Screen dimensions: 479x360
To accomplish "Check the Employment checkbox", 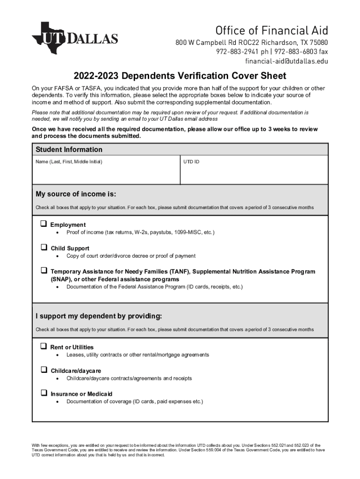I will click(x=43, y=224).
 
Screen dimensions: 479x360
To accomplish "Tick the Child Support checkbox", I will click(x=43, y=247).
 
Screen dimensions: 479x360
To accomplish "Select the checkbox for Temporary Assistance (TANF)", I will click(x=43, y=270).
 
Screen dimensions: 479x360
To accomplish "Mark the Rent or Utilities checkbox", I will click(x=43, y=346).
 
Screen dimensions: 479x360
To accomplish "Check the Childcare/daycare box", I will click(x=43, y=370).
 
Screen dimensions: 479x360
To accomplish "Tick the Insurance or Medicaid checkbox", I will click(x=43, y=393).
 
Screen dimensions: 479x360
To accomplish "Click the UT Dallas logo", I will click(x=75, y=37).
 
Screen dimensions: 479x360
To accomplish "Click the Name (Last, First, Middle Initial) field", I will click(x=106, y=173).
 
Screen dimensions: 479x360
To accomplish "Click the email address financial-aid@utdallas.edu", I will click(x=287, y=61).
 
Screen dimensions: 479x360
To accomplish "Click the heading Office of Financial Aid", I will click(x=272, y=31).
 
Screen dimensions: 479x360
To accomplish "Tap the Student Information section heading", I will click(x=69, y=150).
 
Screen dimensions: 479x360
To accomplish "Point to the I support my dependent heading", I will click(x=99, y=316).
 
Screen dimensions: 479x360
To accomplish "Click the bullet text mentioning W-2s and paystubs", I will click(x=140, y=232).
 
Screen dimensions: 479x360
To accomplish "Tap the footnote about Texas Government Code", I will click(x=180, y=450).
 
